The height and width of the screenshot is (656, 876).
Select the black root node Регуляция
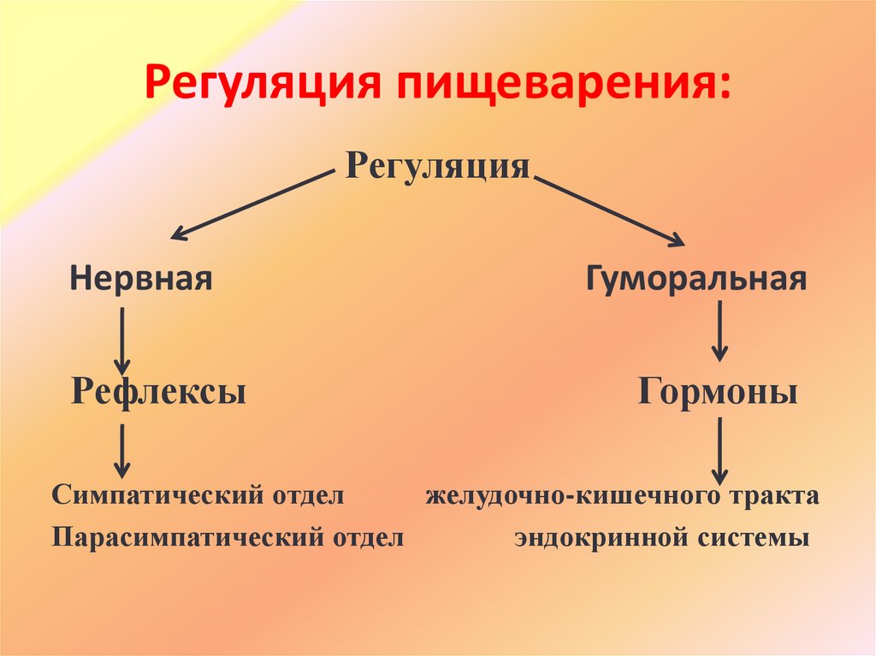pos(437,166)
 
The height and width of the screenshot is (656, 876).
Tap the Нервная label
pos(141,279)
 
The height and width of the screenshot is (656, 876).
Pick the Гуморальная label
pos(695,279)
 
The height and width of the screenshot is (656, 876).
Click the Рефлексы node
pos(158,392)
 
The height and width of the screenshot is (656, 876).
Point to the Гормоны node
pos(718,392)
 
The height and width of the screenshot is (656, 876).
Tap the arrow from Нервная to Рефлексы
pos(123,340)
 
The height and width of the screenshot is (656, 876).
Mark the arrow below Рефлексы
pos(123,451)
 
